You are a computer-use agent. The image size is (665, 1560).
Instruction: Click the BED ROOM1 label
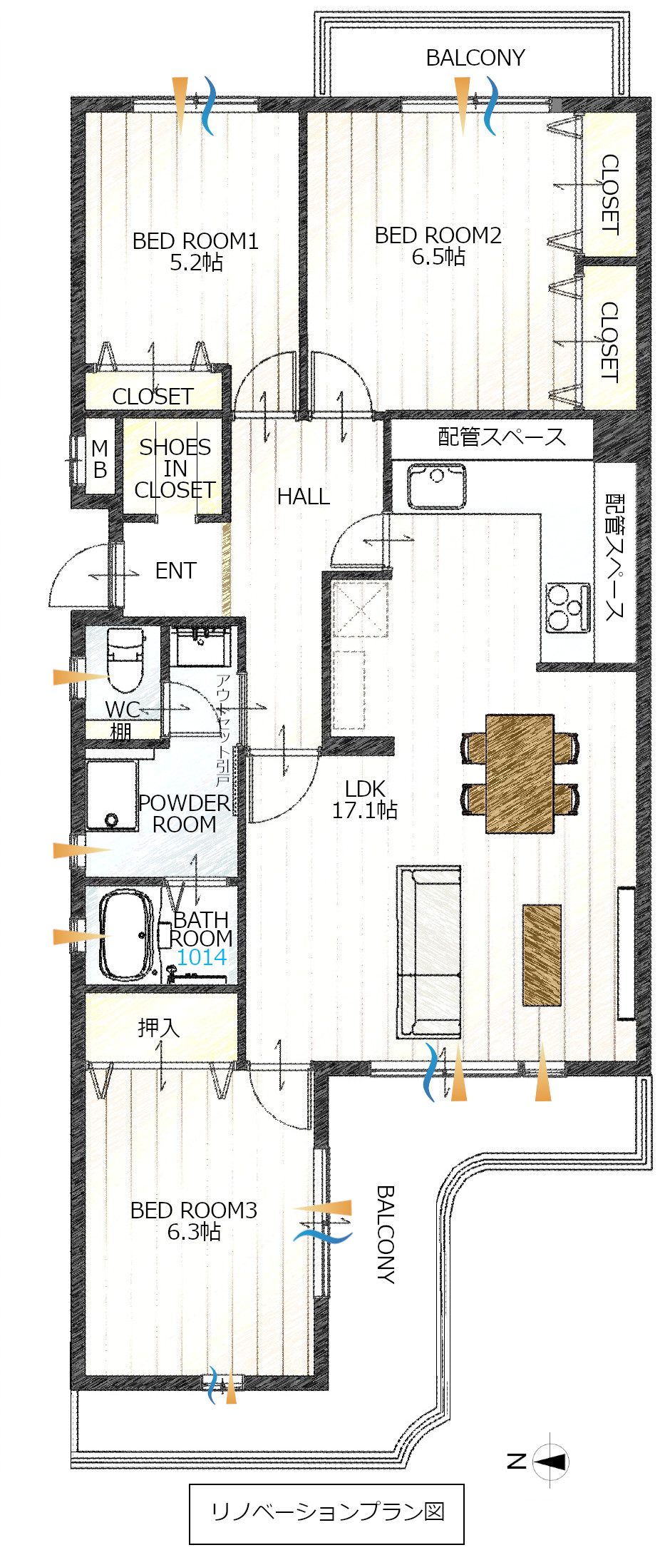tap(195, 241)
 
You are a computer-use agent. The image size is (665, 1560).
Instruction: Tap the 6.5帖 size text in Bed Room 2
tap(438, 257)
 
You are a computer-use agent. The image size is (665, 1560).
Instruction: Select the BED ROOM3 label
tap(193, 1210)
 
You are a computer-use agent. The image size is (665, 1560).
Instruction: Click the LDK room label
tap(365, 788)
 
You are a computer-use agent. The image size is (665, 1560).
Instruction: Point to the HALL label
tap(304, 496)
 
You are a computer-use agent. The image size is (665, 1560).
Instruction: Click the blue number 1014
tap(202, 957)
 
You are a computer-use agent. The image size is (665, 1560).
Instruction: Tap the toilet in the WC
tap(125, 660)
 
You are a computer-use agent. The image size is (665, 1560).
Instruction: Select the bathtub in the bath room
tap(126, 935)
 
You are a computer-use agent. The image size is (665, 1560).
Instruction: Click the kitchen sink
tap(437, 486)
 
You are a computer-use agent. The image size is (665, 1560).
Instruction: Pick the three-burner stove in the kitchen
tap(568, 608)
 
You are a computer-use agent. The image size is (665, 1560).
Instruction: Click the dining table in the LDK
tap(520, 774)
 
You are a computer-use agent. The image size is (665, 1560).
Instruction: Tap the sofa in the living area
tap(428, 952)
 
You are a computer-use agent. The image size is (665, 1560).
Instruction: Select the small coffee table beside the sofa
tap(542, 955)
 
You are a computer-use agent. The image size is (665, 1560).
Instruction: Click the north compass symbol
tap(550, 1462)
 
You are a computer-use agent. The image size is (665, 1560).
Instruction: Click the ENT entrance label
tap(175, 571)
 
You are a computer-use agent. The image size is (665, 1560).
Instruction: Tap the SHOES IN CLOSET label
tap(175, 468)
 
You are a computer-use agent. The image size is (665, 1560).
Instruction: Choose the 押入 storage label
tap(158, 1027)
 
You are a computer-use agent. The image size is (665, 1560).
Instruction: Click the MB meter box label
tap(100, 459)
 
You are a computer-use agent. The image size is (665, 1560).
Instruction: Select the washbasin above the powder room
tap(200, 645)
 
